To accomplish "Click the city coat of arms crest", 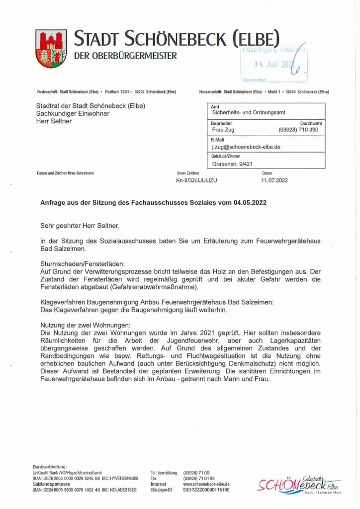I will [51, 48].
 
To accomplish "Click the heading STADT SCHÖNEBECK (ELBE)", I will [177, 38].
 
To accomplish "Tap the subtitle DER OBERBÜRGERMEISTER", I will [125, 56].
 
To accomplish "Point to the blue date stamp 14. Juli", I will [273, 64].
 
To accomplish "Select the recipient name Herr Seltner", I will [54, 121].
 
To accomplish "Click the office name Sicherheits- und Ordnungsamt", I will [249, 113].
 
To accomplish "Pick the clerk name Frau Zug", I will [223, 130].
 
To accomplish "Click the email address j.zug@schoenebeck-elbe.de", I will [246, 147].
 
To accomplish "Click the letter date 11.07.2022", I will [274, 180].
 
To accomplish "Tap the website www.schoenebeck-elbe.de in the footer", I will [206, 484].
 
